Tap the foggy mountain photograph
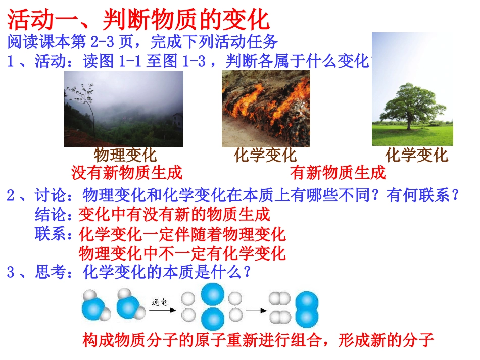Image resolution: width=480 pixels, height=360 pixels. [x=123, y=109]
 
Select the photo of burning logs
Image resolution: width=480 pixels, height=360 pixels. [x=266, y=109]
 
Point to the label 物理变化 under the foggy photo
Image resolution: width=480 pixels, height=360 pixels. [x=125, y=155]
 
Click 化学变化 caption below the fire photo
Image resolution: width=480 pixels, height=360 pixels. [x=265, y=155]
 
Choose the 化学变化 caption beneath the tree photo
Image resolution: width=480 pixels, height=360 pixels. [x=416, y=155]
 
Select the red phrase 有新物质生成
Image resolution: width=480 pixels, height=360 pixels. [x=338, y=173]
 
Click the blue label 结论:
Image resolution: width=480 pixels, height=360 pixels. [x=56, y=214]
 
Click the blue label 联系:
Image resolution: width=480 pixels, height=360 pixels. [x=56, y=234]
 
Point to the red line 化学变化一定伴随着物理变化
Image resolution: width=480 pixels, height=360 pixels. [x=182, y=234]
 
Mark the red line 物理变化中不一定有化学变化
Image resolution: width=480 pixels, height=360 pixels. [x=182, y=253]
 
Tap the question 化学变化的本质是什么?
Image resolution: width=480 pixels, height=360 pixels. [x=167, y=273]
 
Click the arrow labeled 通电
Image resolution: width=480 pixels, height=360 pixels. [x=163, y=310]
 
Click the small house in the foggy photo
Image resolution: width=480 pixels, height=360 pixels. [x=177, y=120]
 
